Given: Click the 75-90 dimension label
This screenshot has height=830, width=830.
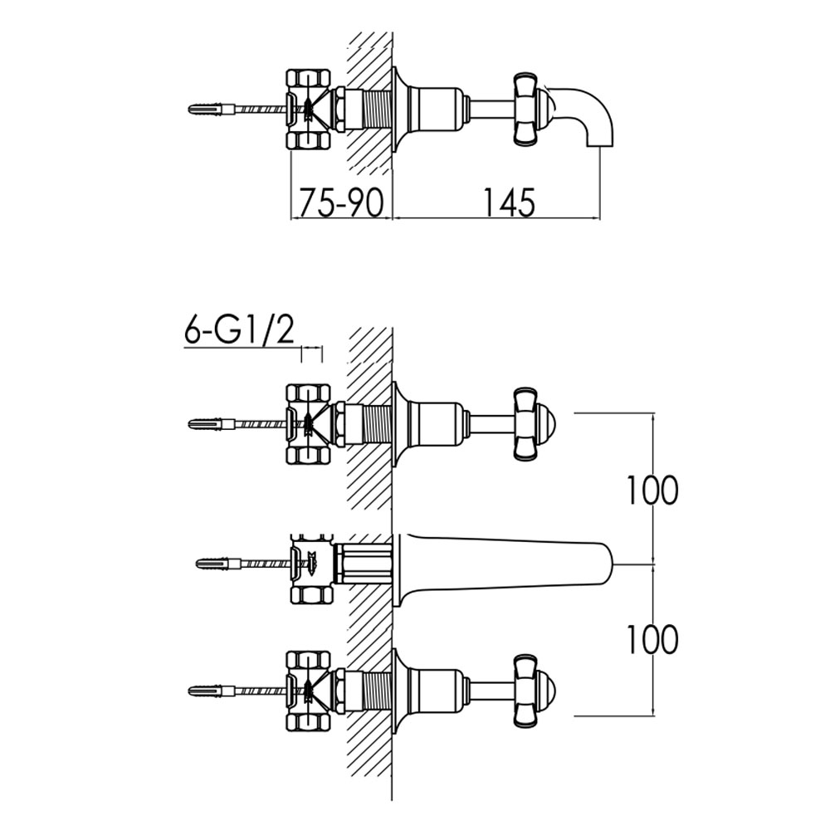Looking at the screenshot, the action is point(341,202).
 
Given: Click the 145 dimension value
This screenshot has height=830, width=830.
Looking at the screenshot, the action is point(509,202).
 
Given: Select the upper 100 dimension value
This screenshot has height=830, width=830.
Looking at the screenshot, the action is point(652,491).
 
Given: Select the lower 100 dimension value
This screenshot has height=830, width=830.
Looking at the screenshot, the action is point(652,638).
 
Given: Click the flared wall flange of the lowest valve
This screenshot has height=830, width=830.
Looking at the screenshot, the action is point(400,690).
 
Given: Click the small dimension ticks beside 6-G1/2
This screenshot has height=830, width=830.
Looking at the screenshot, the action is point(312,354).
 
